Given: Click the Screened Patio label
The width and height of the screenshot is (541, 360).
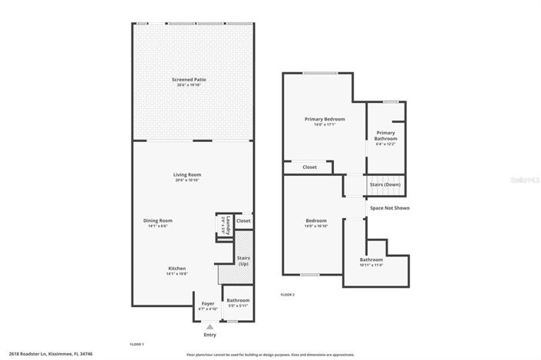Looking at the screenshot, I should click(188, 80).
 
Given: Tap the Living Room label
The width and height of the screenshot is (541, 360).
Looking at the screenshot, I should click(187, 175).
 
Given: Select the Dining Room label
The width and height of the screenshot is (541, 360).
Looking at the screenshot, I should click(157, 221).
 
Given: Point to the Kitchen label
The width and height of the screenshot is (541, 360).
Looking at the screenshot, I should click(176, 268).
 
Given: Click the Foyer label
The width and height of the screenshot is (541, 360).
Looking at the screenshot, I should click(208, 303).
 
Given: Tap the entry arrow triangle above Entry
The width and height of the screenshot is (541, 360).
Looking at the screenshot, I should click(209, 326).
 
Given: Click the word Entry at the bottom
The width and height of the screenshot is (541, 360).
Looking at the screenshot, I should click(209, 335).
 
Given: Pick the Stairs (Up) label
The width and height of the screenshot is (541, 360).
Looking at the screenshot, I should click(243, 261).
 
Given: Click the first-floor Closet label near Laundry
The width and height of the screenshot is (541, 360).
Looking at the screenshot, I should click(243, 221).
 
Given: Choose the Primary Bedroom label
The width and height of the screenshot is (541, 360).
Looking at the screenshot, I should click(324, 120).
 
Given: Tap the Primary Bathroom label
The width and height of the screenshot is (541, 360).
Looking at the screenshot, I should click(385, 135).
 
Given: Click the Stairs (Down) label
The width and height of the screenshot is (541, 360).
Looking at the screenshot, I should click(385, 185).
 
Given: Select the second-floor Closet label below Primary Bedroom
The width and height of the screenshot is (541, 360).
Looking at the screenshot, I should click(309, 167).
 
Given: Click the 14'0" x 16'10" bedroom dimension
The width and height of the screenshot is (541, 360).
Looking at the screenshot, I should click(316, 226).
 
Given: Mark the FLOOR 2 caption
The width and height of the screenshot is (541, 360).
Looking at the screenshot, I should click(288, 295).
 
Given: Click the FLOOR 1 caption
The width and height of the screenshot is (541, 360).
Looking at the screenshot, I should click(137, 344).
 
